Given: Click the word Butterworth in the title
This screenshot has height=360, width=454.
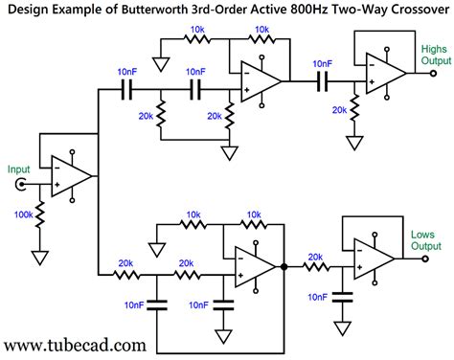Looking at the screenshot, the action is (x=155, y=10).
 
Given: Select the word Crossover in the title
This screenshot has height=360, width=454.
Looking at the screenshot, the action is (x=420, y=10).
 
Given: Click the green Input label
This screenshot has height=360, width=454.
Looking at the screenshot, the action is (x=18, y=169).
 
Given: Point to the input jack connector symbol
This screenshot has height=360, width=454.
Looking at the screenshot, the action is (x=21, y=185).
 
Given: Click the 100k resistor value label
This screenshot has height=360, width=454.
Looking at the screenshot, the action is (x=23, y=214).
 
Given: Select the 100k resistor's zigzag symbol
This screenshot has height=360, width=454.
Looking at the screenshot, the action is (x=40, y=214).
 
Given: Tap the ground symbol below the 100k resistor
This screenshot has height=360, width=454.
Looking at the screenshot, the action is (x=40, y=258).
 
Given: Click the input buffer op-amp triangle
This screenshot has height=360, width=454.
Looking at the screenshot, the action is (x=71, y=176).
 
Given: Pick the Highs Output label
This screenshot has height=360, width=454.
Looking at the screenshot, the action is (x=436, y=55).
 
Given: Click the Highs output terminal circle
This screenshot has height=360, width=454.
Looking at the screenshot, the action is (x=433, y=73).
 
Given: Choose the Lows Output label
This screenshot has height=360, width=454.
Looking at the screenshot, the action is (x=426, y=240).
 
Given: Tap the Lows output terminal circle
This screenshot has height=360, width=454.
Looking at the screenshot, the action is (x=425, y=259).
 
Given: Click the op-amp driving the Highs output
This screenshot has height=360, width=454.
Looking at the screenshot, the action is (x=386, y=74).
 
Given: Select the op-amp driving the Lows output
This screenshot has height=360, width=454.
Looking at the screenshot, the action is (x=374, y=259).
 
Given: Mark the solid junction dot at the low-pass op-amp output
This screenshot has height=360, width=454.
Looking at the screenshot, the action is (x=284, y=267).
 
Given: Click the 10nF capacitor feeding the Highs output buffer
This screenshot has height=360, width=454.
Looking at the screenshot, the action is (x=323, y=81).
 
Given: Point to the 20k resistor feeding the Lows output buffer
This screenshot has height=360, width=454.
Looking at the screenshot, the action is (x=316, y=267).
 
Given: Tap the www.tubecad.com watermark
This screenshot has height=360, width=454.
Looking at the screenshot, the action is (x=76, y=346).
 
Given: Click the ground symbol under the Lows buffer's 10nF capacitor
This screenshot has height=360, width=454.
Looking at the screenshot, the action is (x=342, y=328).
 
